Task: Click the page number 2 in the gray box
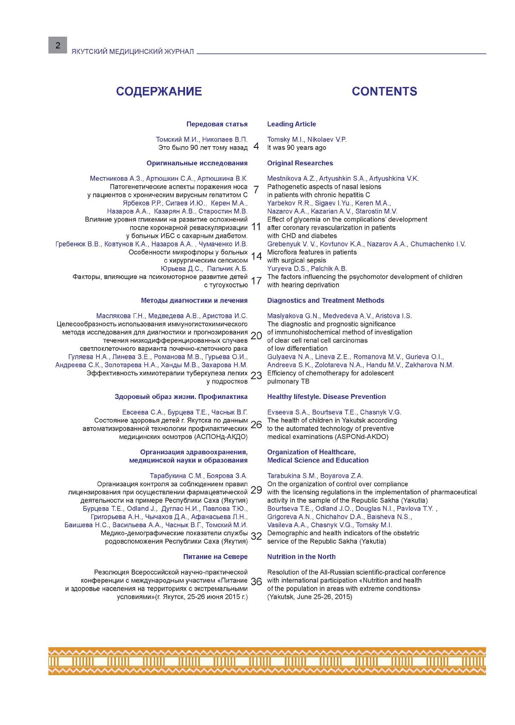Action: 58,45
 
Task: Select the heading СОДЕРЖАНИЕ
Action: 159,91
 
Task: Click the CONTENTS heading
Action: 384,91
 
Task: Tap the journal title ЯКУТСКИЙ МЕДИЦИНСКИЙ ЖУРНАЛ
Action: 133,52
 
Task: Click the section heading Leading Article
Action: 292,124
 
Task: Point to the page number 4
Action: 256,147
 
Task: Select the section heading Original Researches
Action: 300,163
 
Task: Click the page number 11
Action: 256,227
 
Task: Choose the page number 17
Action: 256,280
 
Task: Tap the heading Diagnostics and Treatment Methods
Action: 326,300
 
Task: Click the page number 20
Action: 256,336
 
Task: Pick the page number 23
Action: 256,375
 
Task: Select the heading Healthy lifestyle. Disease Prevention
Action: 327,396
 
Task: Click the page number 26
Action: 256,425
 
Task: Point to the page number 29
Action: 256,490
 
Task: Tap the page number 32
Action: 256,536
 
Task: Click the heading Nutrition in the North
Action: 301,557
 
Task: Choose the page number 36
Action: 256,582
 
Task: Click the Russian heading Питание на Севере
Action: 215,557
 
